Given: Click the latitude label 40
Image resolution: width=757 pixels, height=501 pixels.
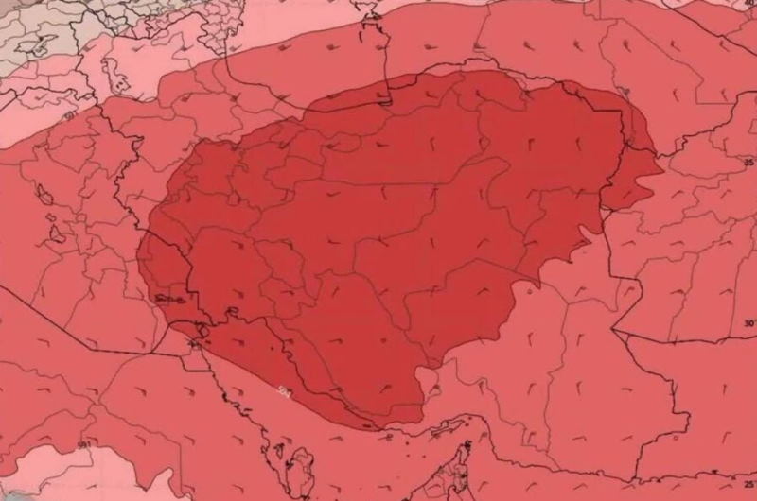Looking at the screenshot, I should point(748,4).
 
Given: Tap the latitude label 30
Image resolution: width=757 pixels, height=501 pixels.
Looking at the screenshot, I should point(748,323).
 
